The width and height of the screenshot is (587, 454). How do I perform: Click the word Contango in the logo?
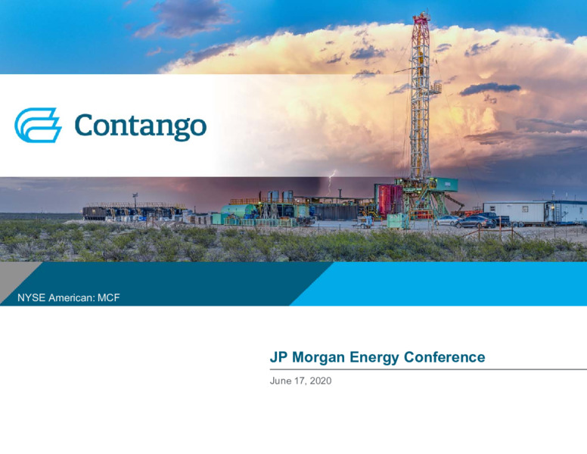pos(141,126)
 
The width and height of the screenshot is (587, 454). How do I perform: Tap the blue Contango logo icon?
pos(38,125)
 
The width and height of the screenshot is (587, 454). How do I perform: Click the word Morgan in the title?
pos(318,358)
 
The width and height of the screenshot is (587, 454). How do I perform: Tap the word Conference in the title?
pos(444,357)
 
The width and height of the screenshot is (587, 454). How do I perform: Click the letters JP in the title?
pos(278,357)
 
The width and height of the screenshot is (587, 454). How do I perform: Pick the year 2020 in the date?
pos(321,381)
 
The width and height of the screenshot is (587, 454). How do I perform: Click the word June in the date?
pos(281,381)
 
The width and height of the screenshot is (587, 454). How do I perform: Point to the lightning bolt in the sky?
pos(331,182)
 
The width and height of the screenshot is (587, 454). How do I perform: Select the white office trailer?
pos(514,212)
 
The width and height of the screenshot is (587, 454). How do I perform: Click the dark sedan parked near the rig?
pos(475,222)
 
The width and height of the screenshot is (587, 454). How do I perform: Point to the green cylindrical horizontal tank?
pos(238,211)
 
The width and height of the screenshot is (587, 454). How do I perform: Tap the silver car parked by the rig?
pos(446,221)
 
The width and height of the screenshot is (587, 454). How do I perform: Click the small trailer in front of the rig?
pos(362,222)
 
